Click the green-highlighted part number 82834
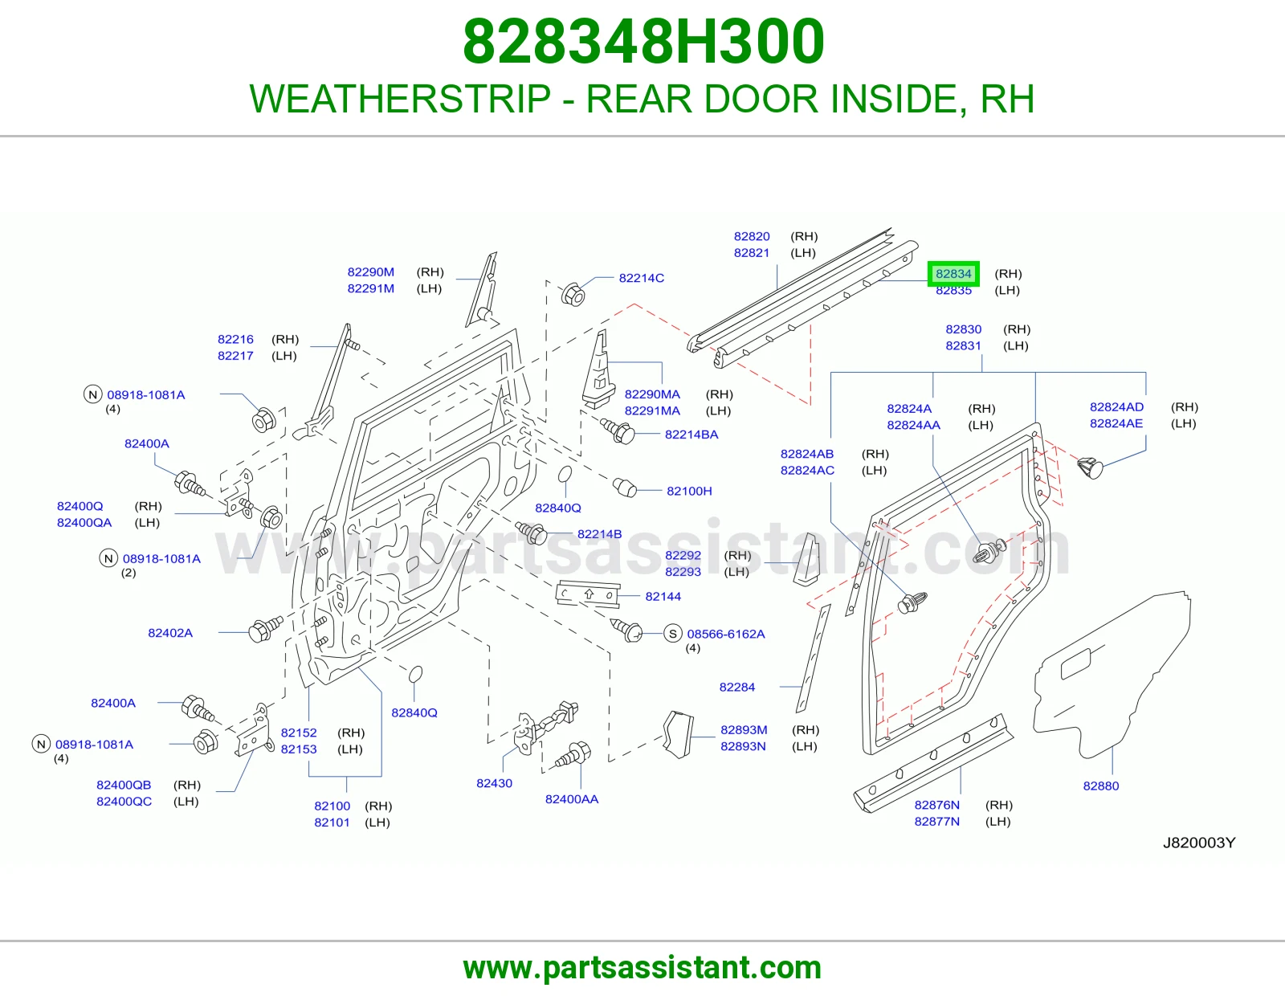click(x=953, y=274)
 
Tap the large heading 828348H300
click(x=642, y=42)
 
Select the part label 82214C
click(x=641, y=278)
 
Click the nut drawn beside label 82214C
click(x=572, y=294)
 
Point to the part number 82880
click(x=1100, y=786)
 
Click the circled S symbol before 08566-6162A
click(x=673, y=634)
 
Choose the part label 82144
click(x=663, y=596)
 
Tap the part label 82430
click(x=495, y=783)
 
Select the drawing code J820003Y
click(x=1198, y=843)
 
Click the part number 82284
click(x=736, y=688)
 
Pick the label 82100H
click(x=689, y=491)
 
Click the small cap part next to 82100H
click(x=624, y=488)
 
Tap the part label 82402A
click(x=170, y=633)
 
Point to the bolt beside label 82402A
click(x=265, y=629)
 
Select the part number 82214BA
click(x=691, y=435)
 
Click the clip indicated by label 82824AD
click(x=1089, y=467)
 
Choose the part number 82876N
click(x=936, y=805)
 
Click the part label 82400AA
click(x=571, y=799)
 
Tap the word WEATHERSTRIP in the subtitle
click(x=400, y=99)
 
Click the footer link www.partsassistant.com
click(x=642, y=968)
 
